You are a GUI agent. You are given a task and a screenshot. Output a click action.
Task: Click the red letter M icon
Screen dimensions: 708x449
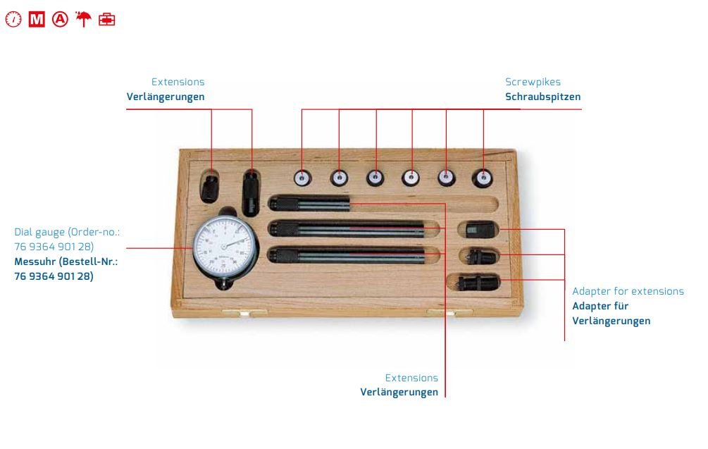[37, 20]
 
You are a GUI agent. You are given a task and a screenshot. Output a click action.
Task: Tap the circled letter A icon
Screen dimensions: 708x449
[60, 20]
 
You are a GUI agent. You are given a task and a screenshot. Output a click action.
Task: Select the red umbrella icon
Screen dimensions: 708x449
[83, 19]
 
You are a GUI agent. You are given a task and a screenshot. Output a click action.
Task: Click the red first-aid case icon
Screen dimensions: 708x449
[107, 20]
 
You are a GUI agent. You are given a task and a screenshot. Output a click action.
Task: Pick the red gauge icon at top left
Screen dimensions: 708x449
[13, 20]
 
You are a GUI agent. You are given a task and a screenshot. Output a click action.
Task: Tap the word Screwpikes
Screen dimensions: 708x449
[533, 82]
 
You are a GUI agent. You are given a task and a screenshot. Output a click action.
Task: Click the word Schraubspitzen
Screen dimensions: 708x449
[542, 97]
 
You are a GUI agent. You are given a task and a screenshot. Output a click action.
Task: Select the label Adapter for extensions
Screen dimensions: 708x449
[628, 291]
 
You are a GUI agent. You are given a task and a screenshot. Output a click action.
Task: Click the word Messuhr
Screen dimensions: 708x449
[35, 262]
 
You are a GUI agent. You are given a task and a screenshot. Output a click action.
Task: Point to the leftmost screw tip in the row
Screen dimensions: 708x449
[302, 178]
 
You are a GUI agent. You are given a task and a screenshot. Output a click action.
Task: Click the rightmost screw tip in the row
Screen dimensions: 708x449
[483, 178]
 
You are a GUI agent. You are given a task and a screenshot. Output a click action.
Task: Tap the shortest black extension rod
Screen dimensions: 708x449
[309, 204]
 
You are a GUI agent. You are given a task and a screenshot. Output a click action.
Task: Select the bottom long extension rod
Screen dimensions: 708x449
[347, 256]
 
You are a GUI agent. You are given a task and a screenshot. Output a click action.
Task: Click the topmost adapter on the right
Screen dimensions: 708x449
[476, 230]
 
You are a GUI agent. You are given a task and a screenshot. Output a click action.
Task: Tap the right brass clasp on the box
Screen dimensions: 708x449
[449, 312]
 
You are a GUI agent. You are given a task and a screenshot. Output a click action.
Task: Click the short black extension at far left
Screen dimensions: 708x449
[209, 188]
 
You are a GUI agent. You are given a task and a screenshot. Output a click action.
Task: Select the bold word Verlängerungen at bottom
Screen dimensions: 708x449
[399, 392]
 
